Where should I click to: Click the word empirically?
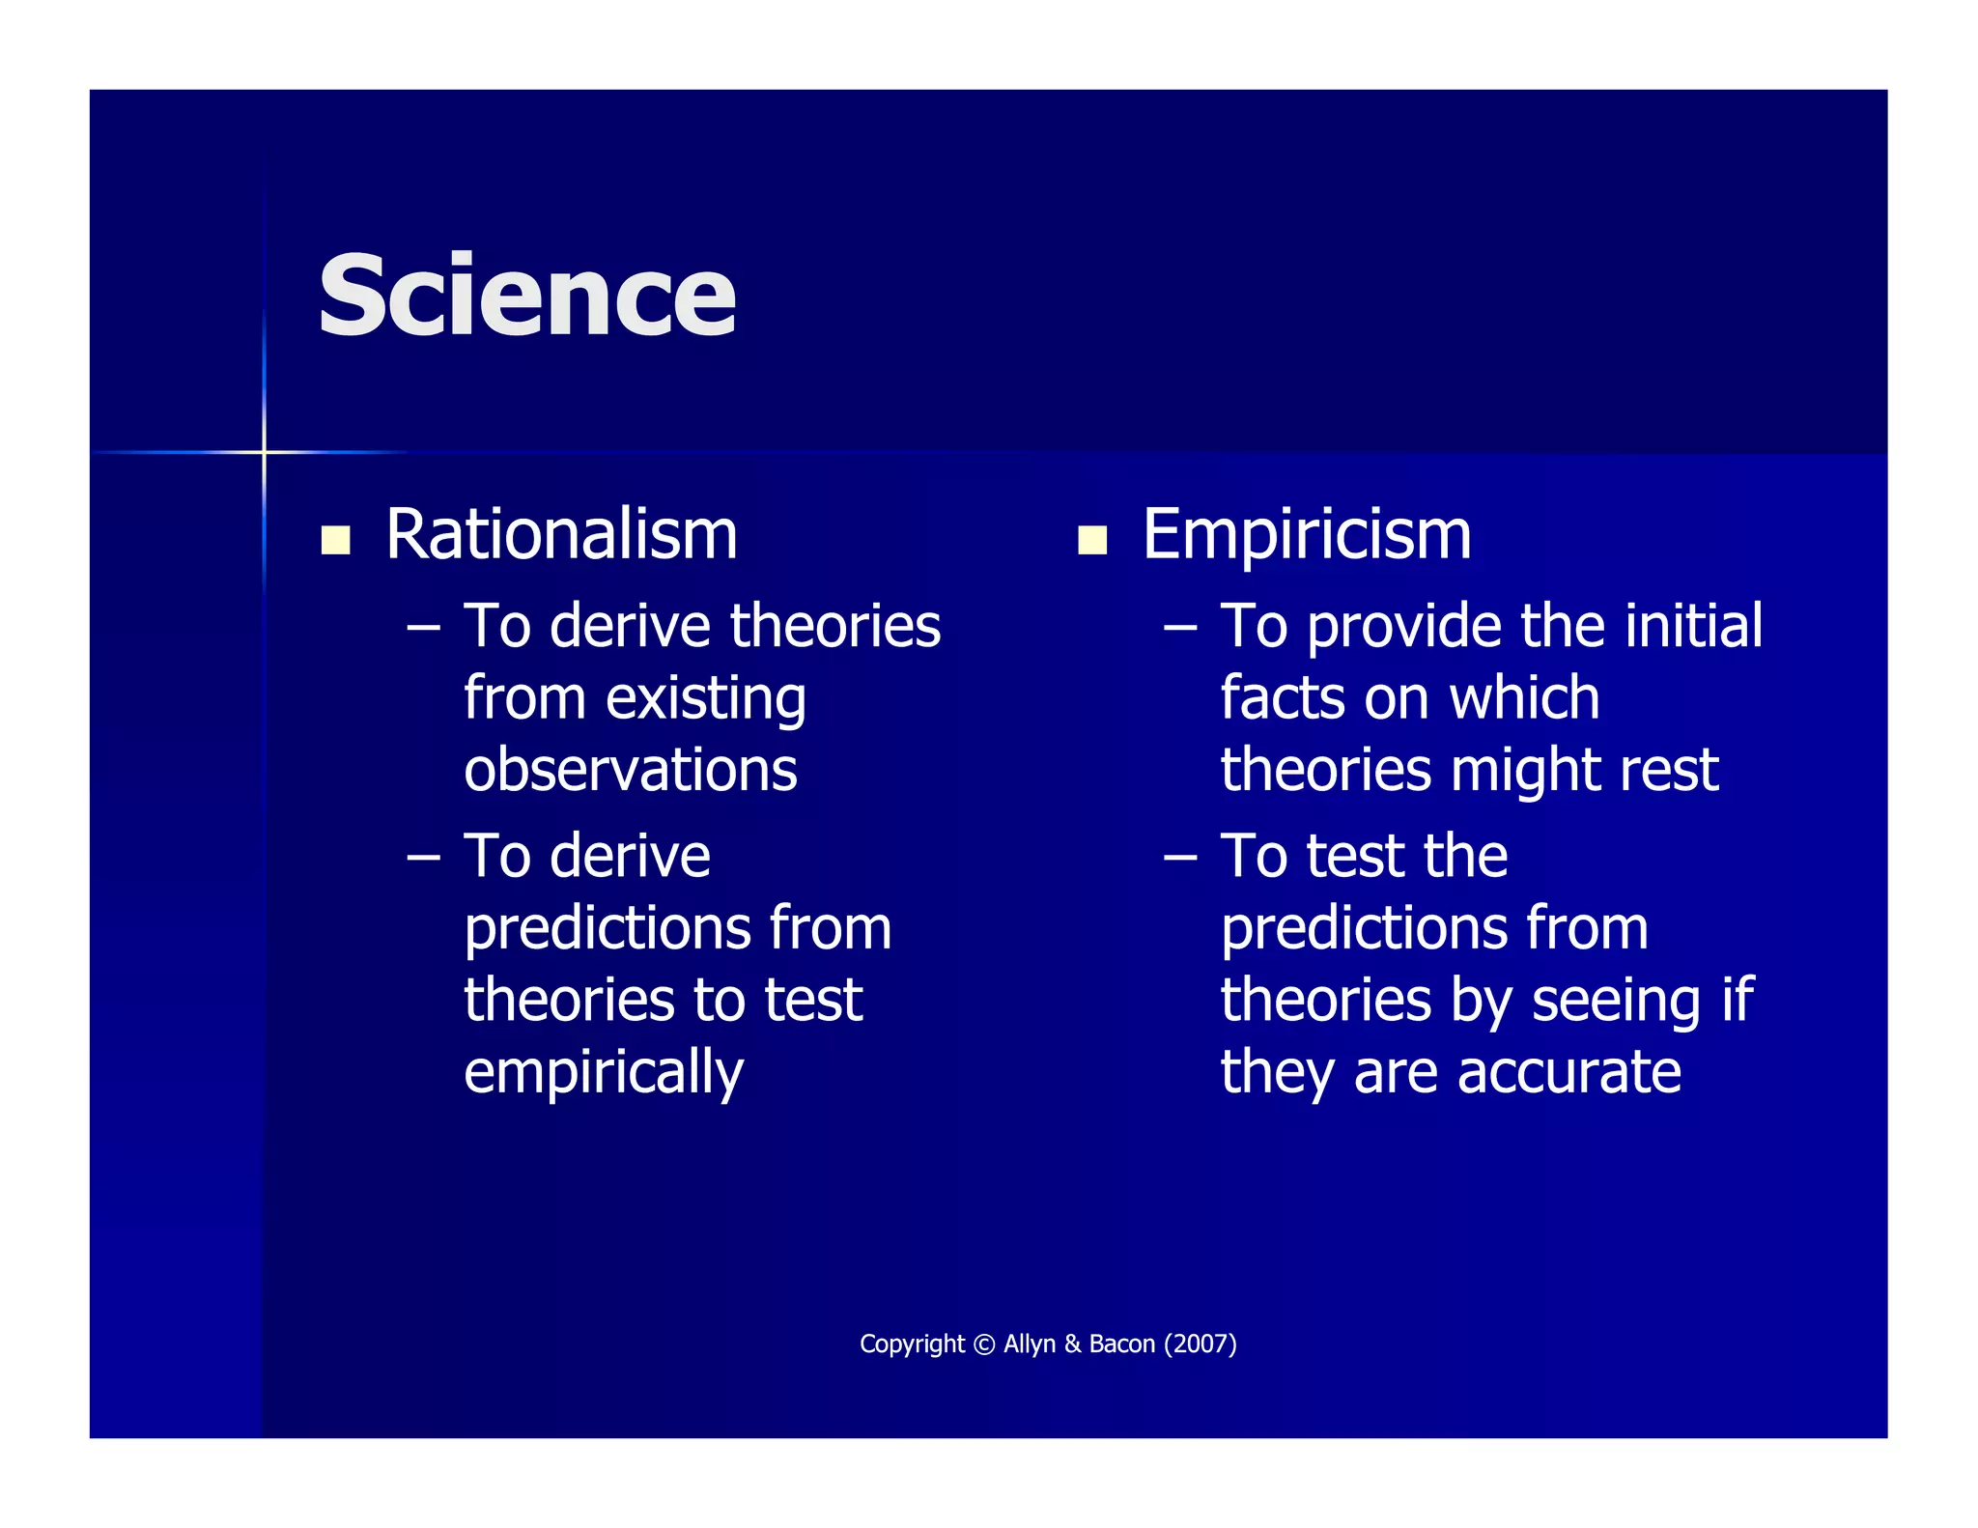coord(604,1072)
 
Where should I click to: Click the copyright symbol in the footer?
coord(983,1344)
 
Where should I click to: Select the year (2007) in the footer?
coord(1200,1344)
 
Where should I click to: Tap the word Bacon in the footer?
coord(1121,1344)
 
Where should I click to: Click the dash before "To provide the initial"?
coord(1179,629)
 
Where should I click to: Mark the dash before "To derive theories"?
coord(423,629)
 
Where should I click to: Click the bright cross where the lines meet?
coord(264,451)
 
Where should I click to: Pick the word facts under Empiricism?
coord(1279,698)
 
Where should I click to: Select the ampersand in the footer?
coord(1072,1344)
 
